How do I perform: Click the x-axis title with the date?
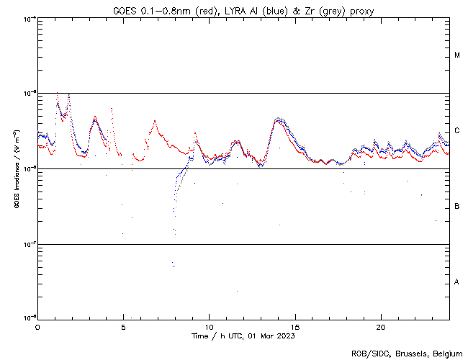coord(243,336)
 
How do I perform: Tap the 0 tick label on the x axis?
coord(37,327)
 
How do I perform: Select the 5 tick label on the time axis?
coord(123,327)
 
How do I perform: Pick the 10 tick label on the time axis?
coord(209,327)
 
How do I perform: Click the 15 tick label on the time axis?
coord(294,327)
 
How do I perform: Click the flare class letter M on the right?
coord(457,55)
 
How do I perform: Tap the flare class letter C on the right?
coord(457,131)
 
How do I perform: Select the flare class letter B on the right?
coord(457,207)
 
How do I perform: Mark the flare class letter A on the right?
coord(457,282)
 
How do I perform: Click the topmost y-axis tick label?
coord(27,18)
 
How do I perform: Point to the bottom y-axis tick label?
coord(27,318)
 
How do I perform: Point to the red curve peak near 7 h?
coord(154,122)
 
